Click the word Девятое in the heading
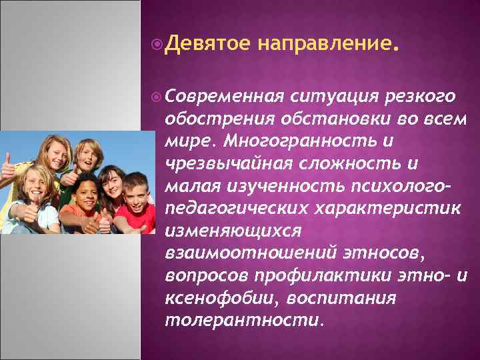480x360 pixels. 207,45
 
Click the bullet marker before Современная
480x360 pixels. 157,97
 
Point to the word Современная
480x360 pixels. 225,97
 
